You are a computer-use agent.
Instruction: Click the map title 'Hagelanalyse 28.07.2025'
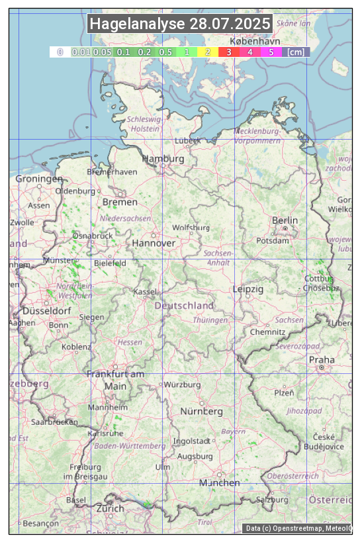(180, 24)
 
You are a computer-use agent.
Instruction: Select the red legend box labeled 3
(229, 52)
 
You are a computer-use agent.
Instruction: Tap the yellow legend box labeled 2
(208, 52)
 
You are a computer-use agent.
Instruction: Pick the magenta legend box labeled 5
(271, 52)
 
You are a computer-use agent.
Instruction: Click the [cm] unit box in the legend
(296, 52)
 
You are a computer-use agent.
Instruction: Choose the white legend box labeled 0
(60, 52)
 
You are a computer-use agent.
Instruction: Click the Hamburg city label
(163, 159)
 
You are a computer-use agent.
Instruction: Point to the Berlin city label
(285, 220)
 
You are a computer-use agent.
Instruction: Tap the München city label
(220, 483)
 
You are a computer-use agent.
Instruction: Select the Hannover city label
(154, 244)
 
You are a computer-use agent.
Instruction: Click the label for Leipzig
(248, 290)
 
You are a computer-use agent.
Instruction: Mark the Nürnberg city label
(202, 412)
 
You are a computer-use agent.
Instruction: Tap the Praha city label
(322, 360)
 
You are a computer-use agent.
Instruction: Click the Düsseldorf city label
(47, 311)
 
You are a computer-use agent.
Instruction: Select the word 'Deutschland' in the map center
(184, 306)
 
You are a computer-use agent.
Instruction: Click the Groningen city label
(38, 179)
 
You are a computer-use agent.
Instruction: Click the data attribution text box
(298, 528)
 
